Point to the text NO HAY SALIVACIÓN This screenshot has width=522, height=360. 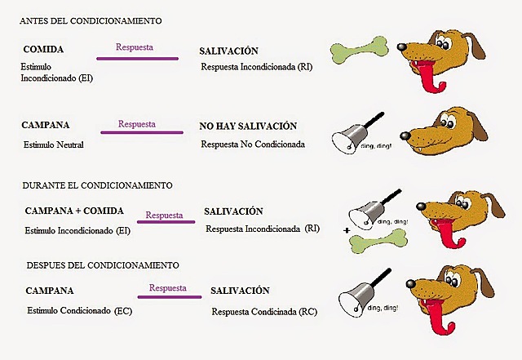click(247, 127)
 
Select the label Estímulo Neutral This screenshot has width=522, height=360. click(55, 145)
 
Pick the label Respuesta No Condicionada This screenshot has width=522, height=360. click(253, 144)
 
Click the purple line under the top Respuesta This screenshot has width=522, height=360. click(137, 57)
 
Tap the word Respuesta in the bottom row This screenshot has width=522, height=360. click(167, 288)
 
